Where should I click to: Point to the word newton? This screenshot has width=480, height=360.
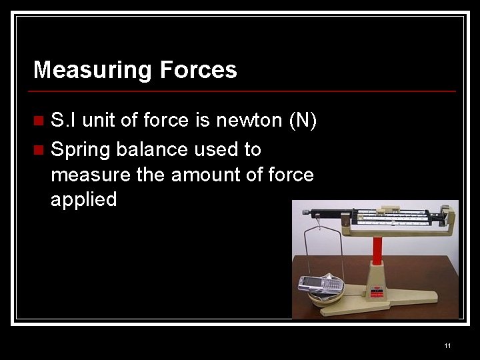[x=248, y=121]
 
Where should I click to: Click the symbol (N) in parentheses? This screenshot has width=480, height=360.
[x=303, y=121]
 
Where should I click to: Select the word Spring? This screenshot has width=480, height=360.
[x=81, y=149]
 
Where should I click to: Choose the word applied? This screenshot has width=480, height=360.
[x=83, y=199]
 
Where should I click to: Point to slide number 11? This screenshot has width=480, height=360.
[x=447, y=345]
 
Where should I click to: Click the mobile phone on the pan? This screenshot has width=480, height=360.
[x=320, y=283]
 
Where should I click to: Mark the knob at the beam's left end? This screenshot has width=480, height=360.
[x=305, y=213]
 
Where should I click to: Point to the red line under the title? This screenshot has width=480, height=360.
[x=245, y=91]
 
